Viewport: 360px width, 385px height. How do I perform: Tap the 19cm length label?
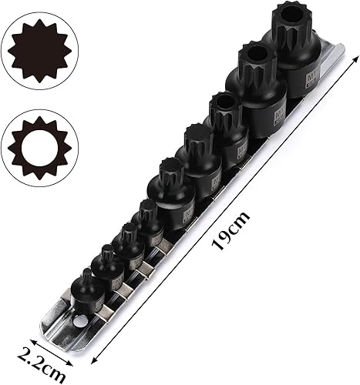tap(231, 230)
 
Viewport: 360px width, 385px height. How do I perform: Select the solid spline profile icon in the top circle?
tap(39, 52)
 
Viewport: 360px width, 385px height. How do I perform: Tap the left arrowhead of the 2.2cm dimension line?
tap(32, 337)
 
